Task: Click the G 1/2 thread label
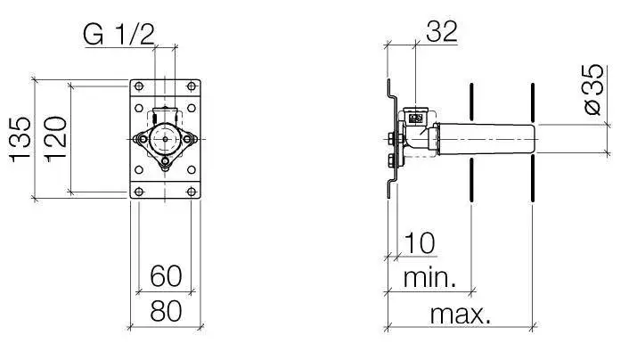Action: (118, 34)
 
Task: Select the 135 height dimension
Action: (20, 139)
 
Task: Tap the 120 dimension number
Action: (55, 139)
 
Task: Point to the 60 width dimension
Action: (166, 276)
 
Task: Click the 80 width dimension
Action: (166, 312)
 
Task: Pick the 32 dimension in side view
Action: (442, 31)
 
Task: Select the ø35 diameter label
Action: (594, 90)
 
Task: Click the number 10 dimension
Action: (420, 243)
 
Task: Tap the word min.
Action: (429, 278)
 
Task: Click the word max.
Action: (461, 314)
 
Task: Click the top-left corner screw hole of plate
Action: (139, 86)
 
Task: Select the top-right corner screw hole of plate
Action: (192, 86)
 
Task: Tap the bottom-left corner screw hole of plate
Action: (139, 192)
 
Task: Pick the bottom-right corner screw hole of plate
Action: (192, 192)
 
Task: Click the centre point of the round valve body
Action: (165, 139)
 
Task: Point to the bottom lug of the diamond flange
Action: (165, 162)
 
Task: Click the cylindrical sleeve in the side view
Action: (486, 139)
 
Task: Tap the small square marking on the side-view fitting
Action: (415, 119)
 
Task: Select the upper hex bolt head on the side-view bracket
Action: (392, 139)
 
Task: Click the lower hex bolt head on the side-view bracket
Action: (392, 160)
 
